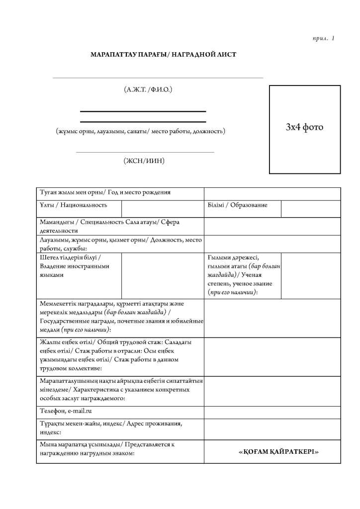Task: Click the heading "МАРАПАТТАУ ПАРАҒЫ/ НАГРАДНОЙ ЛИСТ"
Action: [163, 54]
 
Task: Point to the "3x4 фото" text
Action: [304, 127]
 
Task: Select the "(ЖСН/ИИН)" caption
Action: [144, 161]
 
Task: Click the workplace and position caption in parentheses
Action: [140, 132]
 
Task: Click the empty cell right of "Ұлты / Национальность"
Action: [162, 209]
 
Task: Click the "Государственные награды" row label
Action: [120, 316]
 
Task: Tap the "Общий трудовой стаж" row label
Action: [120, 355]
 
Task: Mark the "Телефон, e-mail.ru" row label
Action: [66, 412]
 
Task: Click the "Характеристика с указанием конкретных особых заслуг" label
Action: [120, 389]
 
